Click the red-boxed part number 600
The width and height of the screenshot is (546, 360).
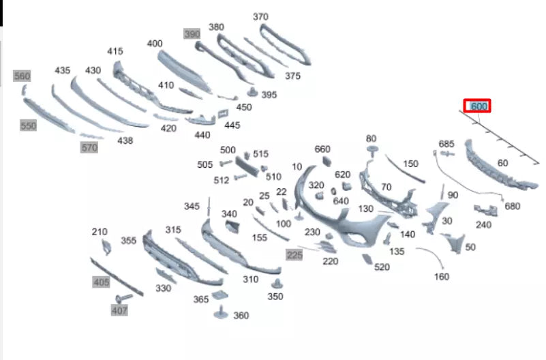coord(478,106)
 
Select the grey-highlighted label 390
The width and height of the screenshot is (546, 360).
coord(192,34)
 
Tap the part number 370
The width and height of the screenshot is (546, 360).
coord(260,16)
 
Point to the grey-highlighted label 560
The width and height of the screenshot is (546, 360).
coord(22,76)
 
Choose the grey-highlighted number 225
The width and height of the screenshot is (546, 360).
coord(294,255)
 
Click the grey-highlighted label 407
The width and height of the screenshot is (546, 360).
coord(119,310)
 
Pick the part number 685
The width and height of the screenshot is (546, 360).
coord(446,144)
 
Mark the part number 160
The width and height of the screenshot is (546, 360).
coord(442,277)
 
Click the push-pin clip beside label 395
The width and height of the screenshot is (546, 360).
coord(252,92)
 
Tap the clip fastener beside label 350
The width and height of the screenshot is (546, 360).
coord(277,284)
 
